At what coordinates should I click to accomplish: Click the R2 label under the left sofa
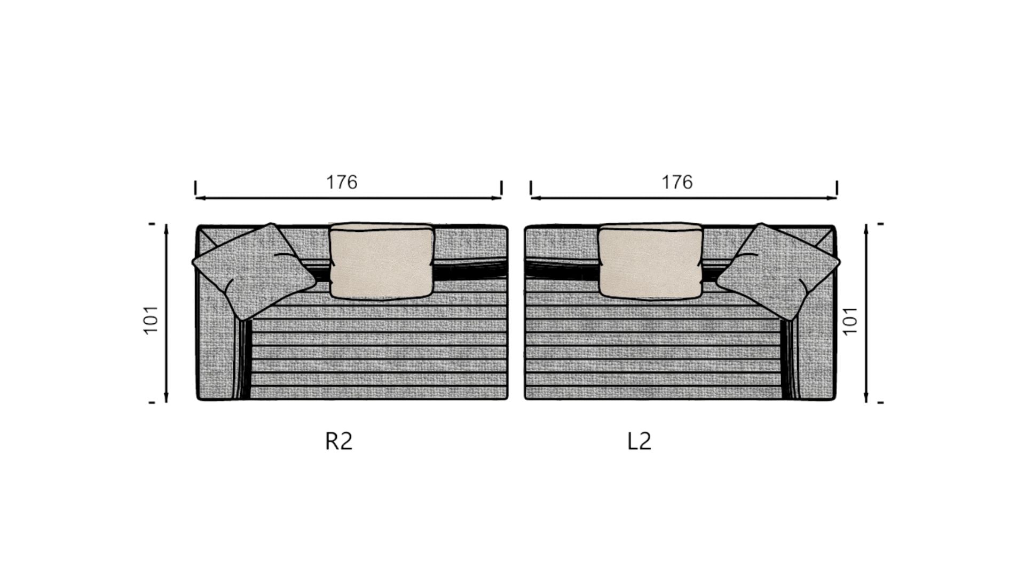pos(339,441)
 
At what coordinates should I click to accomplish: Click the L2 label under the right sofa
pos(639,441)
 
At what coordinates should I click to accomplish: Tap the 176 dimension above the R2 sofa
pos(342,182)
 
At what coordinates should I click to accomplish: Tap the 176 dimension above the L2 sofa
pos(677,182)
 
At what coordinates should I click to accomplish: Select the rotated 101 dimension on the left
pos(152,319)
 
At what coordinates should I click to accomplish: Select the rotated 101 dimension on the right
pos(850,321)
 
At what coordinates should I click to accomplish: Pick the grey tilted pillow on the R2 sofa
pos(253,271)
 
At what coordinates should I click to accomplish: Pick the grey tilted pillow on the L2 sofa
pos(778,271)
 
